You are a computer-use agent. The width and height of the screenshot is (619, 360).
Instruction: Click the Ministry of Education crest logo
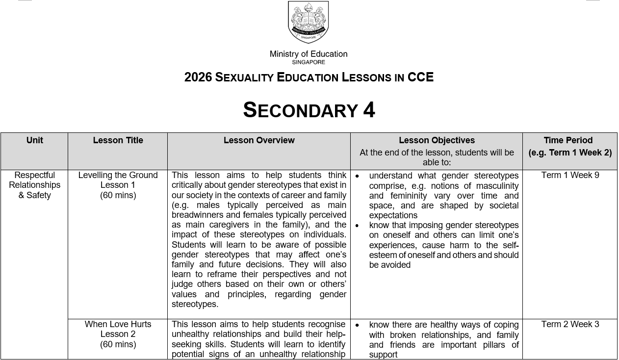[x=308, y=22]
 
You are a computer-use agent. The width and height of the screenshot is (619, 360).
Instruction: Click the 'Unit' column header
[x=35, y=140]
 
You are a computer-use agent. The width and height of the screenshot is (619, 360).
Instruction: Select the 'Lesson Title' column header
[x=118, y=140]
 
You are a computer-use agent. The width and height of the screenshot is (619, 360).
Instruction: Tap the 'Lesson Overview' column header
[x=259, y=140]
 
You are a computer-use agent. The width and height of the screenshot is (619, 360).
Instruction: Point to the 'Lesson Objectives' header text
[x=437, y=140]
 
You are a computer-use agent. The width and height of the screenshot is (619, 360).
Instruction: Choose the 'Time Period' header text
[x=568, y=140]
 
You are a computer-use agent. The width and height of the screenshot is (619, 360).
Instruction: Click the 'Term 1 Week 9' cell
[x=570, y=175]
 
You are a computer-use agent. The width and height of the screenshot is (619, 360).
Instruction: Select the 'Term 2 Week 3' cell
[x=570, y=324]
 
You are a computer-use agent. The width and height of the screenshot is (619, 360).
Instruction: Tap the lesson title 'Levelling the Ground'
[x=118, y=175]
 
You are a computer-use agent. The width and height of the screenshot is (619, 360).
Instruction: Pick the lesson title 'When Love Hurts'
[x=118, y=324]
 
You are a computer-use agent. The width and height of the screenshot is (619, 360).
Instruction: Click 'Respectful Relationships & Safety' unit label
[x=34, y=185]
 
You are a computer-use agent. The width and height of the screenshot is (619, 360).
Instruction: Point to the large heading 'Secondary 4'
[x=309, y=110]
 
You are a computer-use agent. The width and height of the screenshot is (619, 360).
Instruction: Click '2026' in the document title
[x=198, y=77]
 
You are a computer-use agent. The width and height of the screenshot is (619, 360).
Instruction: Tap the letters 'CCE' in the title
[x=420, y=77]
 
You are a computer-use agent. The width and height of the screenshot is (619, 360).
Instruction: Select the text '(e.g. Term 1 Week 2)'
[x=570, y=153]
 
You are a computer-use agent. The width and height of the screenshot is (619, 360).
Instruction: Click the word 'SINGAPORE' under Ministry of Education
[x=309, y=62]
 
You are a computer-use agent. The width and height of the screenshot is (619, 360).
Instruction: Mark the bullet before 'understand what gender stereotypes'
[x=357, y=176]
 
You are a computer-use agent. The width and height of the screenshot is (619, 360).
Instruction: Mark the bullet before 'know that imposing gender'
[x=357, y=226]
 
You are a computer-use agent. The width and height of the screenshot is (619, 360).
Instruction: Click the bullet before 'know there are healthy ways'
[x=357, y=325]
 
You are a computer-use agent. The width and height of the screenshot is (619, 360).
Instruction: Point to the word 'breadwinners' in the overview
[x=196, y=215]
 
